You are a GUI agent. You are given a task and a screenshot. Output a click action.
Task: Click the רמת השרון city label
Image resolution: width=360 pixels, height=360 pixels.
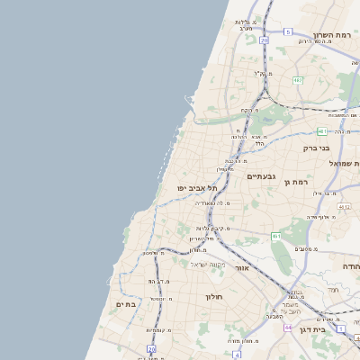pos(330,34)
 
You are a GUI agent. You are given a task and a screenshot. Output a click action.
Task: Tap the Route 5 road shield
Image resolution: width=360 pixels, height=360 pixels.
pos(288,31)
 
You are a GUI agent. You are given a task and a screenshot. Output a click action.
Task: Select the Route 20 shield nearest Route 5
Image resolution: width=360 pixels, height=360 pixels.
pos(264,40)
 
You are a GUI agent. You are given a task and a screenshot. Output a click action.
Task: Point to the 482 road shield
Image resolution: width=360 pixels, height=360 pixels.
pos(298,79)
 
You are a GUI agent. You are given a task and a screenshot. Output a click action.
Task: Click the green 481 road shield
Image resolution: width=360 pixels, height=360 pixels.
pos(321,131)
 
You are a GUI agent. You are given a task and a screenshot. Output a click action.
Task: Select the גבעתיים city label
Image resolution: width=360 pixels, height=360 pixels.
pos(260,176)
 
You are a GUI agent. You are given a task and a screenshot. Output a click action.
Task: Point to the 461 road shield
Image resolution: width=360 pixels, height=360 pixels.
pos(276,236)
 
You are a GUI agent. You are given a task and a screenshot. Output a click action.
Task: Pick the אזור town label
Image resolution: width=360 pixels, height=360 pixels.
pos(240,268)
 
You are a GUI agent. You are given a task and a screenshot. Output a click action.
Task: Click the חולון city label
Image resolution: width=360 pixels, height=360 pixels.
pos(213,296)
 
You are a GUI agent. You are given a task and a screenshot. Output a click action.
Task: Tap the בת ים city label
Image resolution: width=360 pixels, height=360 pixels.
pos(126,304)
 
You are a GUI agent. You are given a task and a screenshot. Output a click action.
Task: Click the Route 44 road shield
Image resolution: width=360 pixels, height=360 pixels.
pos(288,327)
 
